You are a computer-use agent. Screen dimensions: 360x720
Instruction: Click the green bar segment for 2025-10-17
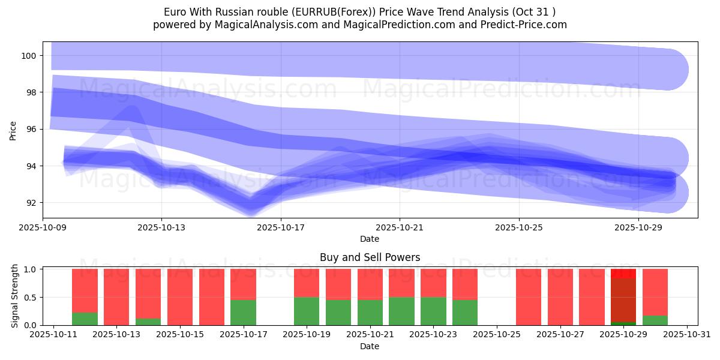[243, 313]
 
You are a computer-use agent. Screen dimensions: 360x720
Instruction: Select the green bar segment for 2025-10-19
[307, 311]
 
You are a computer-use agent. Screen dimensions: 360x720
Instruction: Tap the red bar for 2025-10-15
[180, 296]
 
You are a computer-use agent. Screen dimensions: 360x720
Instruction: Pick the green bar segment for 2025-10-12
[85, 319]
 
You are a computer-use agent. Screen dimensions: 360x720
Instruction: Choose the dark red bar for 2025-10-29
[623, 300]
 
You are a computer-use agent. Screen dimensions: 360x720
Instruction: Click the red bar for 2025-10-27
[560, 296]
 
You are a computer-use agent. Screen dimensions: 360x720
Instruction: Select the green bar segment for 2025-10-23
[433, 311]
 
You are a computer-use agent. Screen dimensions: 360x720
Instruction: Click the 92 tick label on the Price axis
[32, 203]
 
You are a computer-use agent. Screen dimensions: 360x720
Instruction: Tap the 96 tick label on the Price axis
[32, 130]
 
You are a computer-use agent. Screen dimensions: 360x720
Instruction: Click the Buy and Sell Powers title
[370, 257]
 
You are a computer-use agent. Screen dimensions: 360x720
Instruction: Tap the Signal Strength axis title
[15, 296]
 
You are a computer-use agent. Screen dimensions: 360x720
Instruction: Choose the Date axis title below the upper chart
[370, 239]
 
